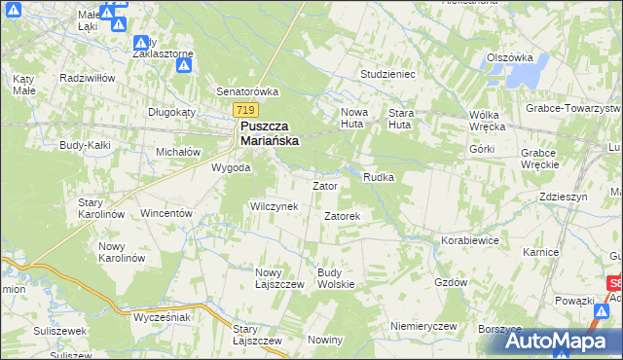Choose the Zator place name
pyautogui.click(x=324, y=185)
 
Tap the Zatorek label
pyautogui.click(x=343, y=216)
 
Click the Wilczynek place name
pyautogui.click(x=280, y=206)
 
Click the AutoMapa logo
pyautogui.click(x=559, y=341)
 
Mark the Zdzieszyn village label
pyautogui.click(x=565, y=196)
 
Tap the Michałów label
pyautogui.click(x=178, y=152)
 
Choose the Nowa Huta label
pyautogui.click(x=354, y=118)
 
